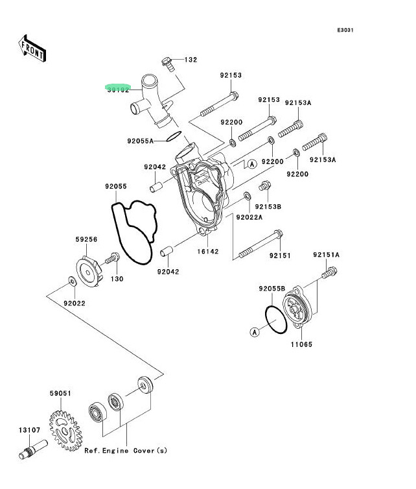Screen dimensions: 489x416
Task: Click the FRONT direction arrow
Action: coord(32,49)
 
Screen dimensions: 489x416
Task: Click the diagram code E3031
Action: coord(345,30)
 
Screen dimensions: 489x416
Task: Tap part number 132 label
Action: coord(191,60)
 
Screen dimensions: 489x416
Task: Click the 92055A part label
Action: coord(141,140)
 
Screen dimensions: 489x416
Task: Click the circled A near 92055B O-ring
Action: coord(255,332)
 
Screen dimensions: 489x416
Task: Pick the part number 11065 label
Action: coord(301,344)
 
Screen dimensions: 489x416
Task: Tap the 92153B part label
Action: coord(268,207)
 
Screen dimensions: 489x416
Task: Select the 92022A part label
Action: coord(249,217)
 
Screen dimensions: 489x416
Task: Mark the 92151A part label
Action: coord(326,255)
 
